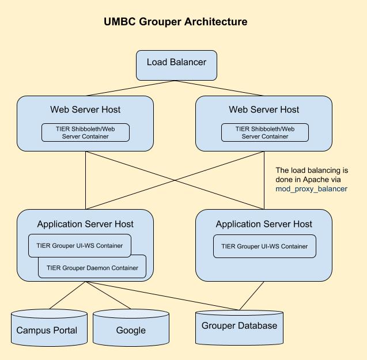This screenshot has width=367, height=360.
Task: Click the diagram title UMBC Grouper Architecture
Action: [176, 22]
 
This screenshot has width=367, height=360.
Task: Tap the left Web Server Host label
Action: [85, 109]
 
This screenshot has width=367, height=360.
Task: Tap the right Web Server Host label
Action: [264, 109]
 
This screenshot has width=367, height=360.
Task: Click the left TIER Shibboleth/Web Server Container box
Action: [85, 132]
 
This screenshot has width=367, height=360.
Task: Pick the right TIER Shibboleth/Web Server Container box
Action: [265, 132]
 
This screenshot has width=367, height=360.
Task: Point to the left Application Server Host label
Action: [85, 224]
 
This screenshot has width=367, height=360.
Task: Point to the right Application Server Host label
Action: [264, 224]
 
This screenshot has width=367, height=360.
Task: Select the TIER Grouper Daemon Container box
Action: [92, 268]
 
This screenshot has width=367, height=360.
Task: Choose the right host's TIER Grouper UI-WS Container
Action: [264, 247]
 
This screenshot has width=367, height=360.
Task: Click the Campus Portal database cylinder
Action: [50, 329]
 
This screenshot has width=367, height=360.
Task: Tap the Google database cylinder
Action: [131, 329]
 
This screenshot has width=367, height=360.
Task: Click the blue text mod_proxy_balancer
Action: [311, 189]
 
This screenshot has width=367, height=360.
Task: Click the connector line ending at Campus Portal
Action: [66, 295]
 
